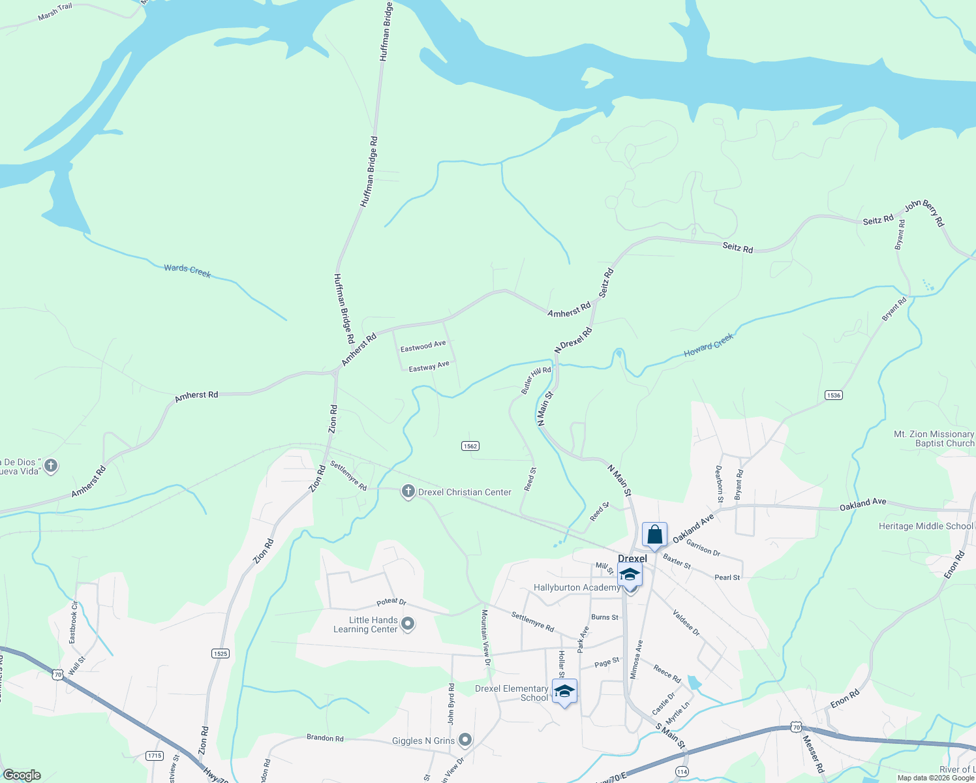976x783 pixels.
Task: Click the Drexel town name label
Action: pyautogui.click(x=632, y=559)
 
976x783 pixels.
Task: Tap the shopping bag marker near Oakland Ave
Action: pyautogui.click(x=654, y=534)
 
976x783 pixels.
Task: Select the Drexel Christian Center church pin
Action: pyautogui.click(x=408, y=492)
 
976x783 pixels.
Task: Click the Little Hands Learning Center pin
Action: pyautogui.click(x=408, y=624)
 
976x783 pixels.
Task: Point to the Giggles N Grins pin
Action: pyautogui.click(x=465, y=740)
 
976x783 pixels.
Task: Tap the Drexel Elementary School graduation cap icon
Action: pyautogui.click(x=564, y=692)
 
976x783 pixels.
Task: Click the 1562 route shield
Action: pyautogui.click(x=470, y=446)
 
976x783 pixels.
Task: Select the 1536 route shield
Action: pyautogui.click(x=833, y=395)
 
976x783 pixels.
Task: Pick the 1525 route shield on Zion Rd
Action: pyautogui.click(x=221, y=653)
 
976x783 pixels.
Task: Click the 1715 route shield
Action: pyautogui.click(x=155, y=756)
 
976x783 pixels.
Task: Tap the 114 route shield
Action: pyautogui.click(x=682, y=771)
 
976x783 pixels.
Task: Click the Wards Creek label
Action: pyautogui.click(x=187, y=271)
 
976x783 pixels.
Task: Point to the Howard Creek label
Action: pyautogui.click(x=709, y=345)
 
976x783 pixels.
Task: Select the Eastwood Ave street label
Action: pyautogui.click(x=423, y=346)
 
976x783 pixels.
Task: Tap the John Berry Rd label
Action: pyautogui.click(x=924, y=213)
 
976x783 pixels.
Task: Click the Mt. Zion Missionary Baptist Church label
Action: pyautogui.click(x=934, y=438)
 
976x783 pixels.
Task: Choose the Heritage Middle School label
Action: pyautogui.click(x=925, y=526)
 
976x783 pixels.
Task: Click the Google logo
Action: pyautogui.click(x=22, y=775)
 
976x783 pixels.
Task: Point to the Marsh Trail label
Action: pyautogui.click(x=55, y=12)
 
